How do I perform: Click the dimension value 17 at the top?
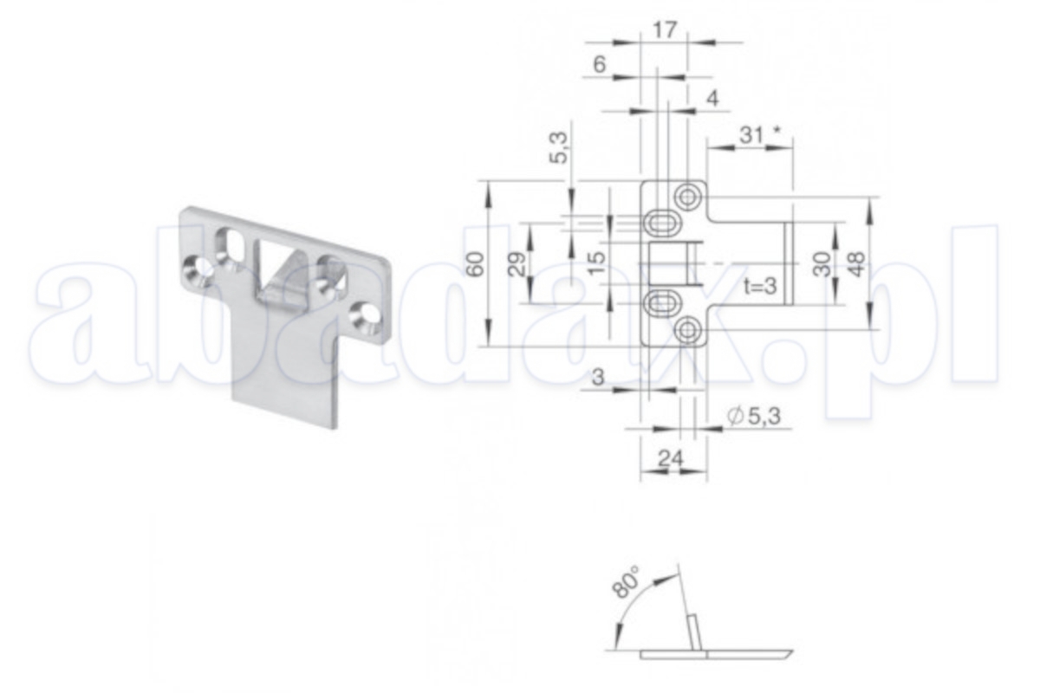pos(665,30)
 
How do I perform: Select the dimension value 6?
pos(600,64)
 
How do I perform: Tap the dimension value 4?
pos(712,99)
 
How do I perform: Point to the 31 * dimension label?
pos(760,135)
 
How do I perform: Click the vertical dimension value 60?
pos(477,264)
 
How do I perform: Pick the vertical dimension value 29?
pos(517,263)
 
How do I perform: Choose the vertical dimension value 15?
pos(598,263)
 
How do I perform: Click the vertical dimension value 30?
pos(822,263)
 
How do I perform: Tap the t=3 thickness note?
pos(760,286)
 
